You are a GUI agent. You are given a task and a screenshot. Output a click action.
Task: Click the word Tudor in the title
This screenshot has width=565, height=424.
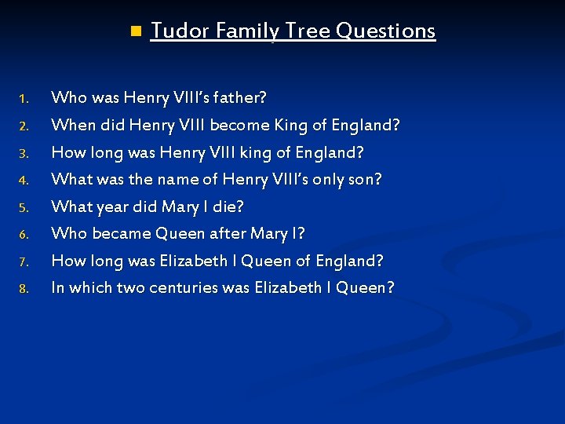pyautogui.click(x=179, y=31)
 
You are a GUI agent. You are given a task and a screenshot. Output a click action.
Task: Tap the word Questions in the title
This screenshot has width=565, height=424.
pyautogui.click(x=385, y=31)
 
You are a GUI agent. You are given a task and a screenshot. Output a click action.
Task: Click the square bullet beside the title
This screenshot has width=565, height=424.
pyautogui.click(x=135, y=31)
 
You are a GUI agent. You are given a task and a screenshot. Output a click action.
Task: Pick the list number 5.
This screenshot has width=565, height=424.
pyautogui.click(x=24, y=208)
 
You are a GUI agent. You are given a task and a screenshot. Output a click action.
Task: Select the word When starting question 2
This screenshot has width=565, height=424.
pyautogui.click(x=71, y=125)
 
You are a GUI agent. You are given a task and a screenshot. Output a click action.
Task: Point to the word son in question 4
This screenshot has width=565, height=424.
pyautogui.click(x=365, y=180)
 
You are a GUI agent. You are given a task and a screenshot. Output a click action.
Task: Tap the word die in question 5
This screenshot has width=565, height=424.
pyautogui.click(x=229, y=207)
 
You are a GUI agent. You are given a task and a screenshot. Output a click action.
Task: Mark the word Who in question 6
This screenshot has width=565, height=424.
pyautogui.click(x=69, y=233)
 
